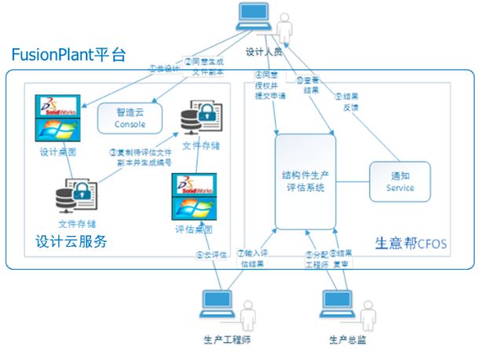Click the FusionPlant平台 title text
[68, 55]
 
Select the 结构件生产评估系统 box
[303, 181]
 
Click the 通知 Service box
[399, 182]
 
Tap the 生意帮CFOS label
[409, 244]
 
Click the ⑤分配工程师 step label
[316, 259]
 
